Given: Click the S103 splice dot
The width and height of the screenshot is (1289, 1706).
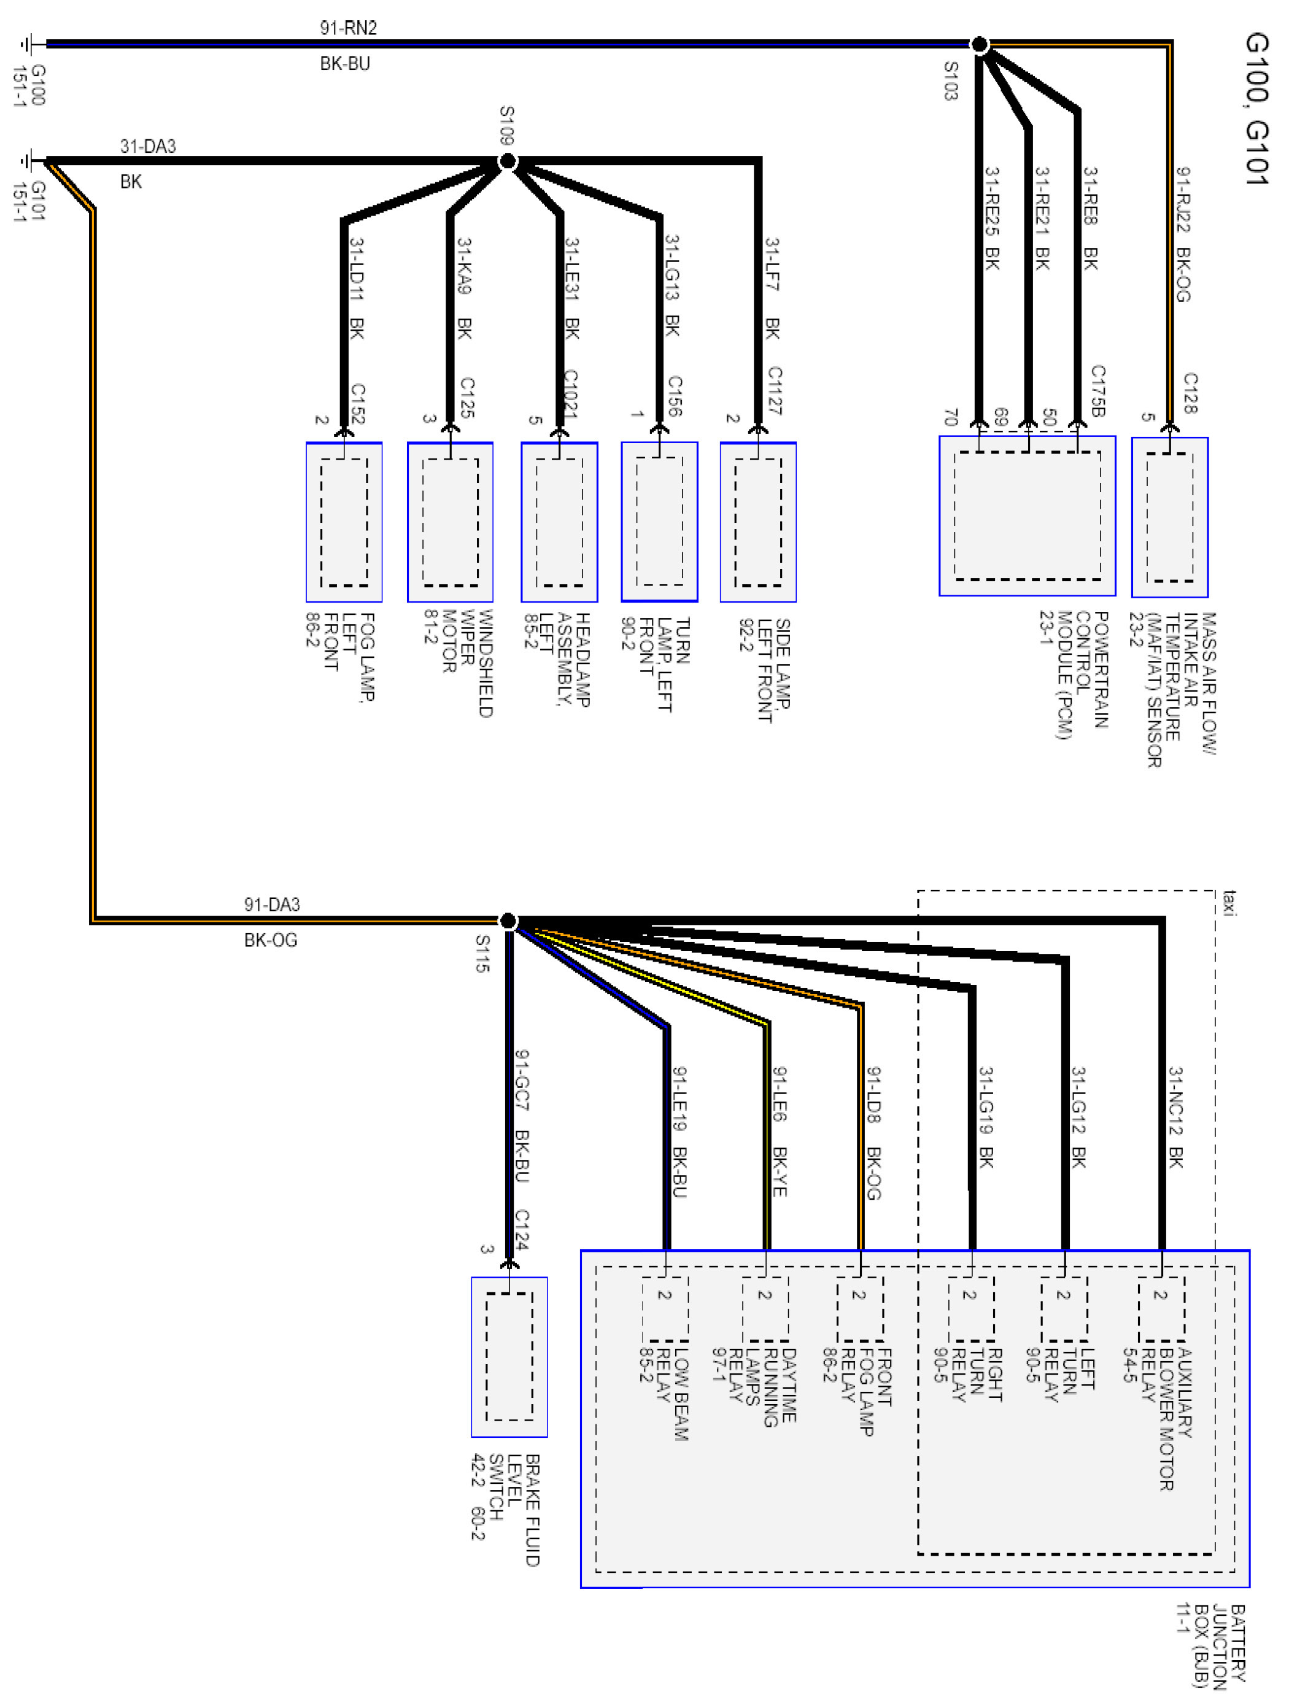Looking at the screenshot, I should tap(979, 45).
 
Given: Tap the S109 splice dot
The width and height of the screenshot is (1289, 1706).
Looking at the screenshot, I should tap(508, 161).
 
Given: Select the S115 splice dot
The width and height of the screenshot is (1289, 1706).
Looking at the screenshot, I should tap(508, 921).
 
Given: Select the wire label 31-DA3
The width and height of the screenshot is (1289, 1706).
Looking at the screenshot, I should tap(147, 147).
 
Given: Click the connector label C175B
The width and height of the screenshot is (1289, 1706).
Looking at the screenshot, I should tap(1097, 391).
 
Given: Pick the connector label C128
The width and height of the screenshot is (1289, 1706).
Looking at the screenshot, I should tap(1190, 393).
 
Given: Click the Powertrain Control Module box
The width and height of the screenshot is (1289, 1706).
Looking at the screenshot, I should tap(1027, 516).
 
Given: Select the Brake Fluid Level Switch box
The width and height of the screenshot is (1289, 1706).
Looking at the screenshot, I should tap(509, 1357).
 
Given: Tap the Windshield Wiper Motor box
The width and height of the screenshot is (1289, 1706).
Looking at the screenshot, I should tap(450, 522).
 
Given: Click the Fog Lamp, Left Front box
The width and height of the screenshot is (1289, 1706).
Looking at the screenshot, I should tap(344, 522).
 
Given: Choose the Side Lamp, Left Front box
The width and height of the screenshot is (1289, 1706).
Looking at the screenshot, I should tap(757, 522).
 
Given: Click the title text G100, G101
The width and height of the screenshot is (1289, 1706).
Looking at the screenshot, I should tap(1256, 108).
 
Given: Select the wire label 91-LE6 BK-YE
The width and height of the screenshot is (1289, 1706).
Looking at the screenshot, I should tap(780, 1132).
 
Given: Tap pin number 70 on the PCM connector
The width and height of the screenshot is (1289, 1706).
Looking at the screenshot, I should tap(950, 417).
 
